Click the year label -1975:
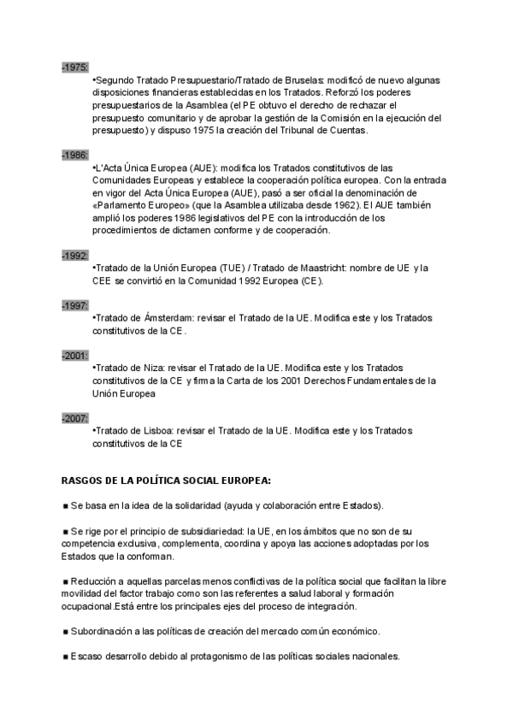coord(74,68)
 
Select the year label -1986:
coord(74,155)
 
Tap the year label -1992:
coord(74,256)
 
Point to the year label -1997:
coord(74,305)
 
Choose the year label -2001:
coord(74,355)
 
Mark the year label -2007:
coord(74,418)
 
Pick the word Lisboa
coord(156,430)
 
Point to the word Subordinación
coord(101,631)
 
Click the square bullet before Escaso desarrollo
coord(65,657)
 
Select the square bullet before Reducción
coord(65,581)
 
